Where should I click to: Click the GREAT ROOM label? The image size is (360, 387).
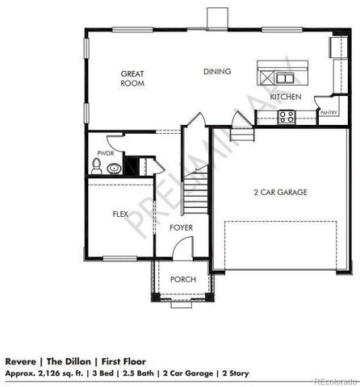(x=132, y=78)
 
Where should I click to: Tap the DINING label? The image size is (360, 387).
(x=217, y=72)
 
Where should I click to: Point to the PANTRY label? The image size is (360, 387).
(x=328, y=114)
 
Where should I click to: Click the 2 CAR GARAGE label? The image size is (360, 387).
(x=280, y=192)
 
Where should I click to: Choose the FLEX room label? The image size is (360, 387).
(x=120, y=214)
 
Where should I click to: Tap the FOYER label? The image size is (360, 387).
(x=181, y=228)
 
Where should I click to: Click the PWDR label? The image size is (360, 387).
(x=105, y=153)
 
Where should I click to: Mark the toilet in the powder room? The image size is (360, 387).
(x=97, y=168)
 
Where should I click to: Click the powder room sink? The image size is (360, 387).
(x=115, y=169)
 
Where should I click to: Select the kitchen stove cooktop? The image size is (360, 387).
(x=286, y=116)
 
